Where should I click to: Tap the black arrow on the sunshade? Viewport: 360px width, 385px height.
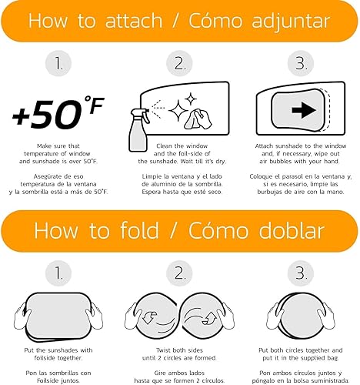coord(304,110)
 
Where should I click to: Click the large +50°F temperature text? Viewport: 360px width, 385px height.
coord(58,112)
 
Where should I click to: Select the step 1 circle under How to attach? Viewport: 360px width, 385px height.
coord(58,63)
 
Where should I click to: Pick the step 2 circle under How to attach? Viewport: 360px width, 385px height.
coord(179,63)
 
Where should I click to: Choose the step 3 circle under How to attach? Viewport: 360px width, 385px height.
coord(301,63)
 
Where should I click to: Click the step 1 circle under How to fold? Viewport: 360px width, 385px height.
coord(58,273)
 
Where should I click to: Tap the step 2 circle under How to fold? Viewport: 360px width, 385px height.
coord(179,273)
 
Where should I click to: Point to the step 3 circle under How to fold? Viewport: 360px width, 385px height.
coord(301,273)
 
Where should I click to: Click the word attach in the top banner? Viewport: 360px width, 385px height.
coord(134,21)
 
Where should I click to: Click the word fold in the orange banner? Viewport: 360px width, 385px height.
coord(140,230)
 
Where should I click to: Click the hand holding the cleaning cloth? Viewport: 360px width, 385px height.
coord(198,119)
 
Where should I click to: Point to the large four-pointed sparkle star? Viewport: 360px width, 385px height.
coord(178,110)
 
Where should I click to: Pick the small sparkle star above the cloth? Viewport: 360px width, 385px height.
coord(191,99)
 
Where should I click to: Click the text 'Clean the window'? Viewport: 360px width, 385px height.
coord(182,146)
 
